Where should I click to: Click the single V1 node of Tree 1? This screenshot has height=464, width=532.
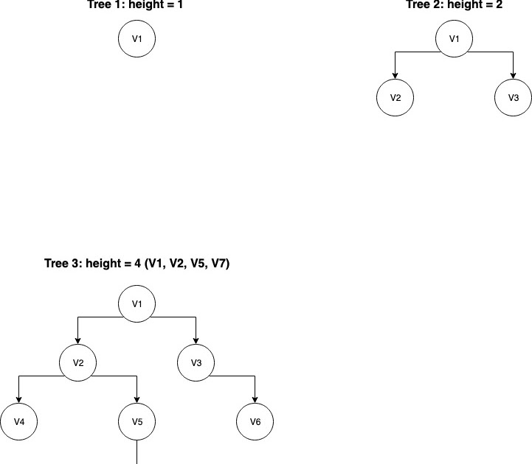[137, 40]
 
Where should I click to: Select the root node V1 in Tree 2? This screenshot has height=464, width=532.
[454, 40]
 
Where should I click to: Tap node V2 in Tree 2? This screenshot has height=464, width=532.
[395, 98]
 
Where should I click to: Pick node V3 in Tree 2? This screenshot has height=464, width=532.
[513, 98]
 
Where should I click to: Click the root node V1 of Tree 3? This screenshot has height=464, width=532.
[137, 304]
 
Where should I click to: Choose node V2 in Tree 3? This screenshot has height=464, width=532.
[77, 362]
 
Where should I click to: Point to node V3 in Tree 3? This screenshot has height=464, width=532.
[196, 362]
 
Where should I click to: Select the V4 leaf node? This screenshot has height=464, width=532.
[18, 422]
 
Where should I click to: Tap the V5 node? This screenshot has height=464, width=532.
[137, 422]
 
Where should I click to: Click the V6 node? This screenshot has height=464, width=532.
[255, 422]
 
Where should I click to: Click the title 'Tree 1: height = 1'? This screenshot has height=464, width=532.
[137, 5]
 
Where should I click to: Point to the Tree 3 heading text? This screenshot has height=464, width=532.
[137, 264]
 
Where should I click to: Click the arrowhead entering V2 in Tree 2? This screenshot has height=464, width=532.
[395, 76]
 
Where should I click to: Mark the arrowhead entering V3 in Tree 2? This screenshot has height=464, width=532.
[513, 76]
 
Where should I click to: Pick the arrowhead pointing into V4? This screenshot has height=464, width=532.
[18, 400]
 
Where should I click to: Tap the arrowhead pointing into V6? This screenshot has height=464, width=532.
[255, 400]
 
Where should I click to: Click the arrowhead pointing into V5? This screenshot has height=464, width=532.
[137, 400]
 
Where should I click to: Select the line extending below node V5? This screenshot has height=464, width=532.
[137, 451]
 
